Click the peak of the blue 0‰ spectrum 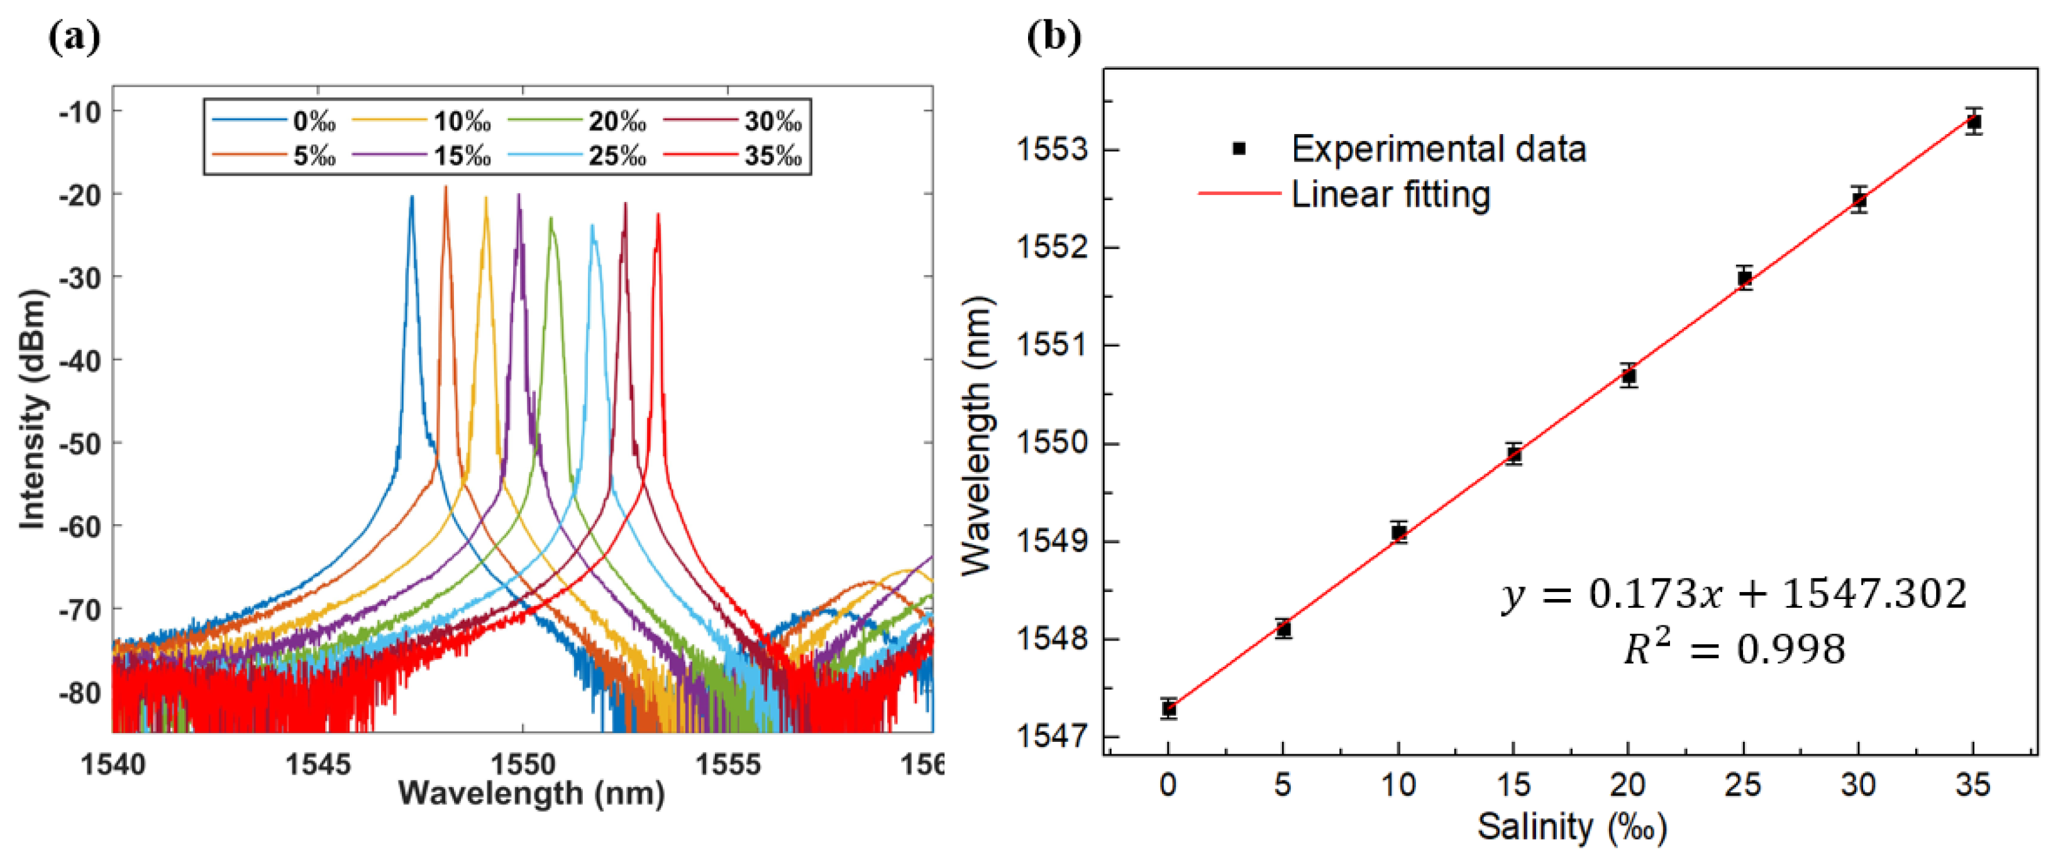tap(412, 197)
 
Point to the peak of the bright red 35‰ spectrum tap(658, 214)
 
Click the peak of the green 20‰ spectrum tap(550, 218)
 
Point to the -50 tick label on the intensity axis tap(80, 443)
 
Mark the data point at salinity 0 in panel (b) tap(1169, 709)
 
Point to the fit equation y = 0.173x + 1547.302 tap(1734, 594)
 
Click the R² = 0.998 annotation tap(1734, 647)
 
